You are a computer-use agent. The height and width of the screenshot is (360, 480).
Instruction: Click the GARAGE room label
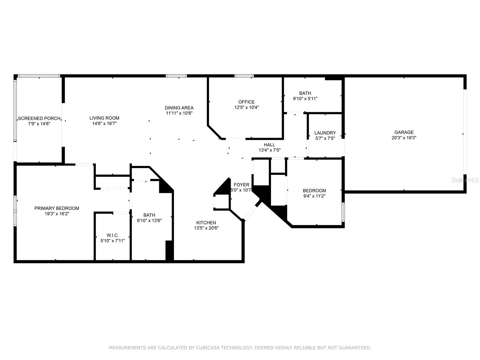pyautogui.click(x=404, y=132)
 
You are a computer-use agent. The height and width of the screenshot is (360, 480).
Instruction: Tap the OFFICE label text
pyautogui.click(x=247, y=102)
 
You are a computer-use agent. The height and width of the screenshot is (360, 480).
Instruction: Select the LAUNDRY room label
pyautogui.click(x=325, y=133)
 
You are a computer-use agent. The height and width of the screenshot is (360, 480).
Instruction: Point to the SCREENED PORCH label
pyautogui.click(x=39, y=118)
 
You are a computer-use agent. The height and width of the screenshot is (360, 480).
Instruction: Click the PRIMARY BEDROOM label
pyautogui.click(x=57, y=208)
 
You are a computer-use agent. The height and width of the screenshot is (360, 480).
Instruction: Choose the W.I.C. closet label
pyautogui.click(x=112, y=235)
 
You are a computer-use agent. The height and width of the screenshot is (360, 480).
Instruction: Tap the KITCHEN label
pyautogui.click(x=206, y=223)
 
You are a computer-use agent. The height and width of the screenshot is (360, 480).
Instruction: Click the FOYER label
pyautogui.click(x=241, y=185)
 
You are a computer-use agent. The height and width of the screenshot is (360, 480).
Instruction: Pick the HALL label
pyautogui.click(x=269, y=145)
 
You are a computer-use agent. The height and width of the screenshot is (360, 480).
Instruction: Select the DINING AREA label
pyautogui.click(x=179, y=108)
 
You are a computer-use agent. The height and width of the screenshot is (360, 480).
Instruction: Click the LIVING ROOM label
pyautogui.click(x=104, y=118)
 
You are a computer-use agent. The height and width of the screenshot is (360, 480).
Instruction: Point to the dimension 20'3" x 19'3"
pyautogui.click(x=404, y=138)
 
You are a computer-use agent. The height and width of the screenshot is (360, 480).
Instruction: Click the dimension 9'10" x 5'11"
pyautogui.click(x=305, y=99)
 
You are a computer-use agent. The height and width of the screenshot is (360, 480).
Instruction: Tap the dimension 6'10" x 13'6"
pyautogui.click(x=149, y=220)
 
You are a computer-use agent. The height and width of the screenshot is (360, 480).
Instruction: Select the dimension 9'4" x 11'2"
pyautogui.click(x=314, y=196)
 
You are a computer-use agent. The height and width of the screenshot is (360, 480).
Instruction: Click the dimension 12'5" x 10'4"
pyautogui.click(x=247, y=107)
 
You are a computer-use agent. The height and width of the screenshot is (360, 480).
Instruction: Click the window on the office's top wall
pyautogui.click(x=244, y=76)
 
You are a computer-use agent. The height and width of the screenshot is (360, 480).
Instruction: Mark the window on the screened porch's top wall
pyautogui.click(x=39, y=76)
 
